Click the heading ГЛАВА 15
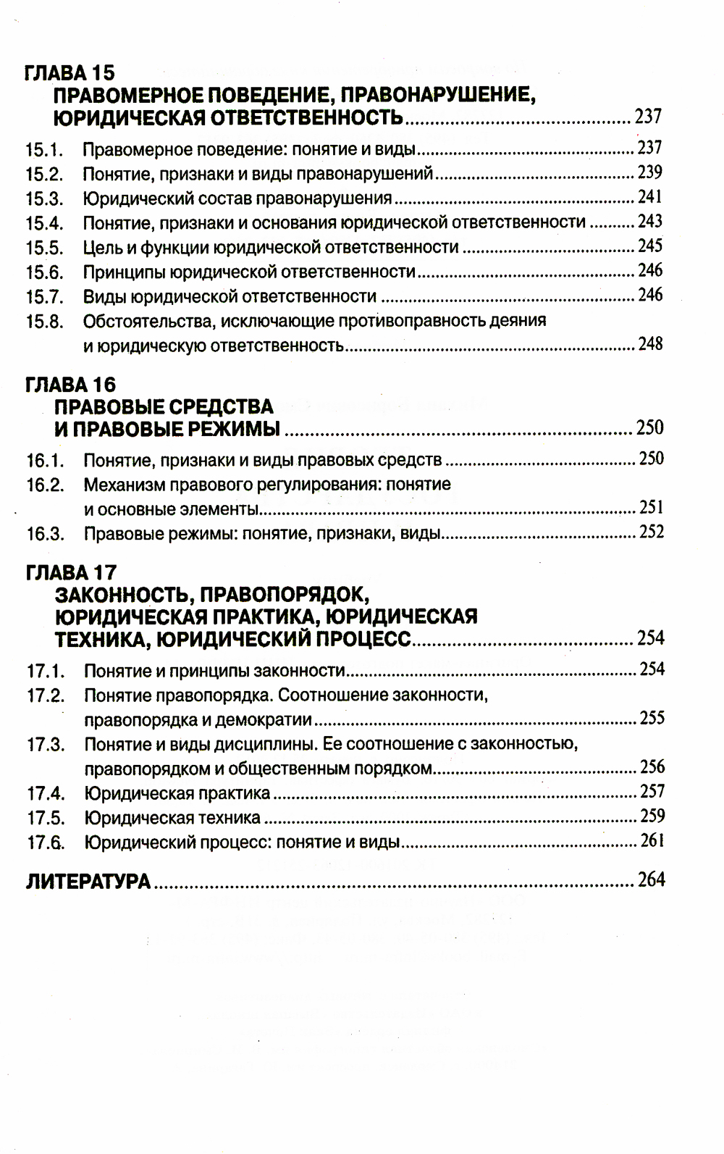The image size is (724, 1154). tap(70, 72)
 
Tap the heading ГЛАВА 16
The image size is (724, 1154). tap(70, 385)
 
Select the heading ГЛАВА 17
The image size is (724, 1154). tap(70, 572)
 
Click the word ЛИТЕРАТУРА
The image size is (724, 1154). tap(88, 881)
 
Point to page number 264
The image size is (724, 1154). tap(651, 880)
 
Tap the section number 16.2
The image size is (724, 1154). tap(45, 485)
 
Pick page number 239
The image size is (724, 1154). tap(649, 172)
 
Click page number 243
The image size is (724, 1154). tap(649, 222)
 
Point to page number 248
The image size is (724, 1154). tap(650, 344)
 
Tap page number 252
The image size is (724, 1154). tap(651, 533)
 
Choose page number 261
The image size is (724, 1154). tap(652, 842)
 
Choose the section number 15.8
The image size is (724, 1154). tap(44, 322)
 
